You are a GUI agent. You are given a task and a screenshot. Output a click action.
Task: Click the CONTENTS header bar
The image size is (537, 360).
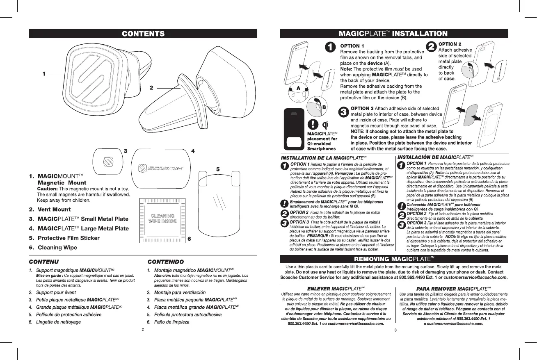tap(143, 34)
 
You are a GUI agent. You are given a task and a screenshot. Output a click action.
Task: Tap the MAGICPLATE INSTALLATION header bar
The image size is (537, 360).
tap(393, 34)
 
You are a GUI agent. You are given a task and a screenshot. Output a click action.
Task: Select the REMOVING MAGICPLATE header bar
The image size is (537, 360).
tap(393, 259)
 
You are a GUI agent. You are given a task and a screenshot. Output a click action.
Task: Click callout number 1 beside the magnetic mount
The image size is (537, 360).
tap(43, 74)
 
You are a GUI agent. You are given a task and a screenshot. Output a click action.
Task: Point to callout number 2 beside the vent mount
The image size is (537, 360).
tap(151, 88)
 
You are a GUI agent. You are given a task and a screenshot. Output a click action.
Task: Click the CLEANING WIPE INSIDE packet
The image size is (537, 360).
tap(162, 218)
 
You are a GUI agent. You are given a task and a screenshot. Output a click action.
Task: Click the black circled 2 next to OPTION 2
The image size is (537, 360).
tap(431, 46)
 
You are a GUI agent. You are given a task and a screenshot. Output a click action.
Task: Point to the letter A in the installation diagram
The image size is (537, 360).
tap(299, 88)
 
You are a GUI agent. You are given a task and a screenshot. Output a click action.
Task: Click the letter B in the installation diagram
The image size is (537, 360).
tap(323, 107)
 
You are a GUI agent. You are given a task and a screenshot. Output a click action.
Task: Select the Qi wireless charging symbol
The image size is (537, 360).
tap(325, 125)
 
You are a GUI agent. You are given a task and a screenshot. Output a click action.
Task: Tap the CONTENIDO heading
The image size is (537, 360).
tap(166, 262)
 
